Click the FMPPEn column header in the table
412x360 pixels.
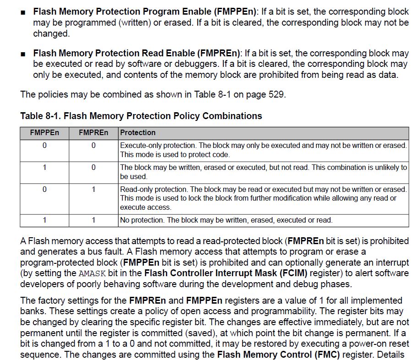click(x=44, y=133)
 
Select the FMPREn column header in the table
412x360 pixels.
click(x=93, y=133)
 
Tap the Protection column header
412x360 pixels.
click(x=138, y=133)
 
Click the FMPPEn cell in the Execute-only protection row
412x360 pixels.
click(x=44, y=146)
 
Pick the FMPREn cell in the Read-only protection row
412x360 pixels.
click(x=93, y=189)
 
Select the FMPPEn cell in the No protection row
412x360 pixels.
click(x=44, y=220)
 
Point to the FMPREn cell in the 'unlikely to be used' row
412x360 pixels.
click(x=93, y=167)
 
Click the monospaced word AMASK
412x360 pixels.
click(x=92, y=273)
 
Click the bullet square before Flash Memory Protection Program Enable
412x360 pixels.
click(x=23, y=12)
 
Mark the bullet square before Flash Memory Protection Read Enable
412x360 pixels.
click(x=23, y=54)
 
